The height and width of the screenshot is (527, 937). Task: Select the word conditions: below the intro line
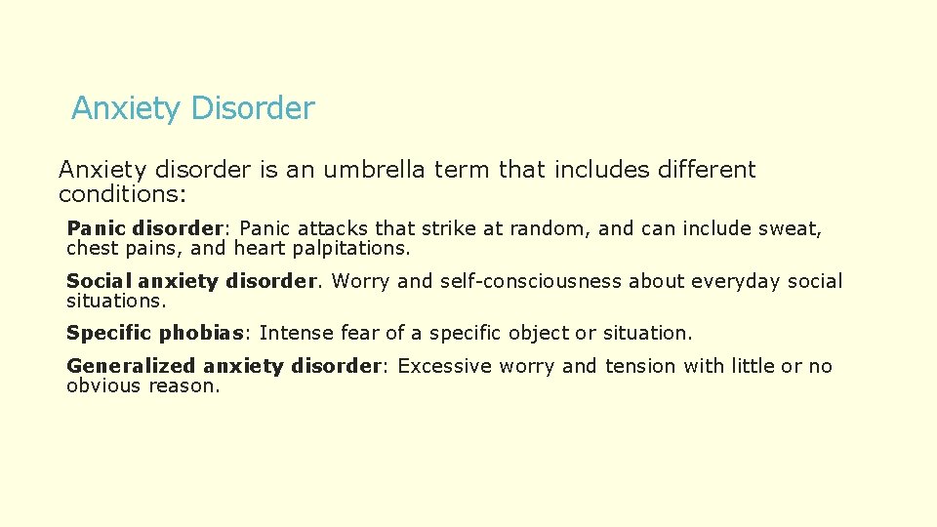[122, 194]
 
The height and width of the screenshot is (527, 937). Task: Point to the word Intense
[293, 333]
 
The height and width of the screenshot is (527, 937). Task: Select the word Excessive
[445, 366]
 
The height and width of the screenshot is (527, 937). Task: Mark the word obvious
[103, 385]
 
